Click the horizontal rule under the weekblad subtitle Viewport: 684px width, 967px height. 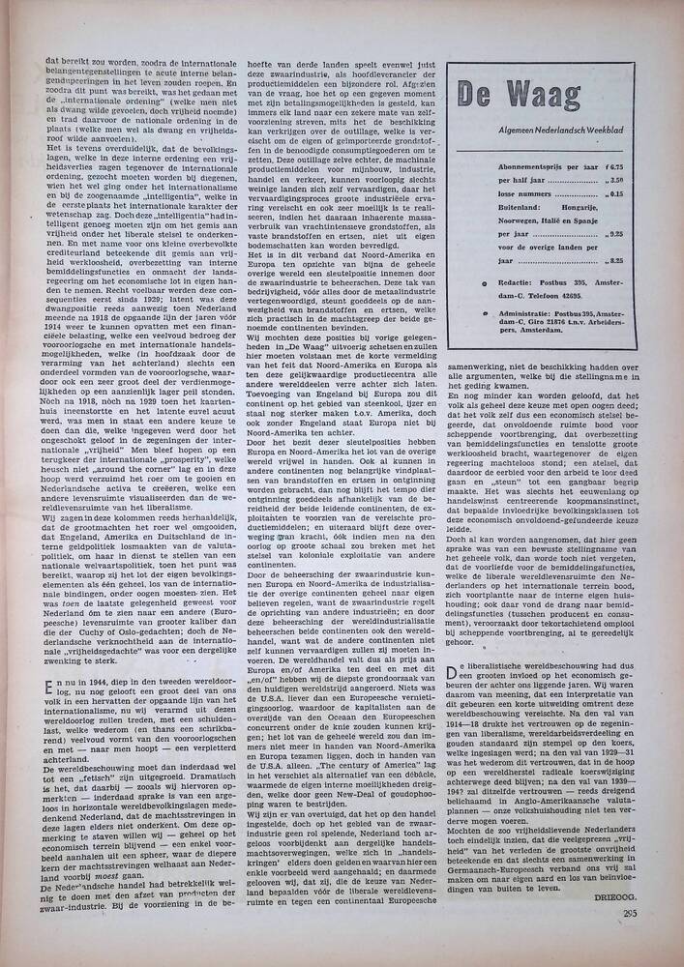pos(542,152)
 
